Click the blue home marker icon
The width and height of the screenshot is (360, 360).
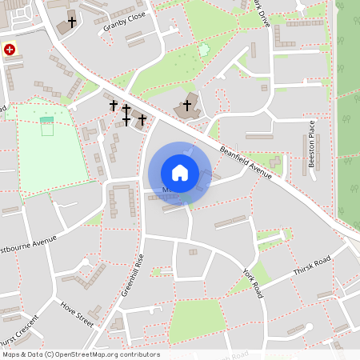click(179, 172)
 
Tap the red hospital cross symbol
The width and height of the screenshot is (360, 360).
click(10, 50)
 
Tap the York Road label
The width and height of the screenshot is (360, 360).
click(252, 280)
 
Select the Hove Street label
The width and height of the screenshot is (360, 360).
click(76, 314)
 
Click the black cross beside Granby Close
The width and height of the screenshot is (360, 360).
click(72, 22)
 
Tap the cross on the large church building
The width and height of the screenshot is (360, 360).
click(188, 105)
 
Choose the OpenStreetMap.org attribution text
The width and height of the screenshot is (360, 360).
click(80, 354)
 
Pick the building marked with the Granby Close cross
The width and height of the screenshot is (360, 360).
click(63, 27)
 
